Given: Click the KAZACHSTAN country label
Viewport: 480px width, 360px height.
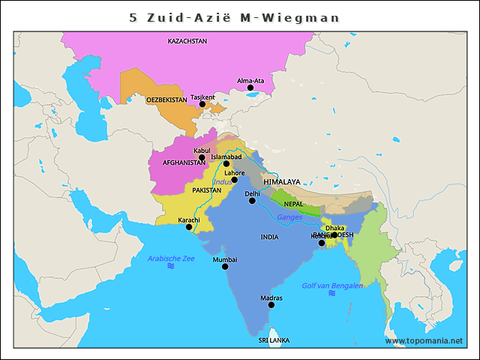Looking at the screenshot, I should [x=187, y=41].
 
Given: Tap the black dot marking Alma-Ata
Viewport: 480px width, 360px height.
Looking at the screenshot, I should [x=250, y=88].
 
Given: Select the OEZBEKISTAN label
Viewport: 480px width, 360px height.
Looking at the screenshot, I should [x=166, y=99].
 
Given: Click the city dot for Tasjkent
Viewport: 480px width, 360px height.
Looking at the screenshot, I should [x=202, y=104].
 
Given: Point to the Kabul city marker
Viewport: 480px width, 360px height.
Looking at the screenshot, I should [x=202, y=157].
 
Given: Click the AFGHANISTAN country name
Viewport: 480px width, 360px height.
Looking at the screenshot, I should [x=184, y=162].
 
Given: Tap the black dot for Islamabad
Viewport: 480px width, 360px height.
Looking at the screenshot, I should [x=226, y=163].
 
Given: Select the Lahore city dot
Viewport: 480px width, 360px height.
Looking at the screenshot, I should [x=234, y=180].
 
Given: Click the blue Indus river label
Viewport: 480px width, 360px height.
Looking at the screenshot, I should [x=223, y=181].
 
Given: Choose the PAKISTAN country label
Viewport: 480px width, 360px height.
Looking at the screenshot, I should [x=206, y=190].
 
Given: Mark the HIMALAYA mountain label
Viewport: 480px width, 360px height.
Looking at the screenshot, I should [x=282, y=181].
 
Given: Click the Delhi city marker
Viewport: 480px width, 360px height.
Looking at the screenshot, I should [x=253, y=200].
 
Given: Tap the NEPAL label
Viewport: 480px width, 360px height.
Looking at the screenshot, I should [x=293, y=204].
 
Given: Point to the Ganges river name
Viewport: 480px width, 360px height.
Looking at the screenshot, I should [x=289, y=217].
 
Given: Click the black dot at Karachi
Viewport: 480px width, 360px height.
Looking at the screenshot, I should [x=189, y=226].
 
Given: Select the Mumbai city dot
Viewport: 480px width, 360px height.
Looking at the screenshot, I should [x=224, y=266].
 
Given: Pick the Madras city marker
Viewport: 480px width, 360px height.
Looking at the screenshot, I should [x=271, y=304].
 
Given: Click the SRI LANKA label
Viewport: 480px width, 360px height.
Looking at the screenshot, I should [x=274, y=340].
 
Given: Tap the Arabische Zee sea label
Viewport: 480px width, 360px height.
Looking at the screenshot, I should [x=171, y=258].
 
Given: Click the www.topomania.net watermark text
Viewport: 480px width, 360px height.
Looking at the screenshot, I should [x=424, y=340].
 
